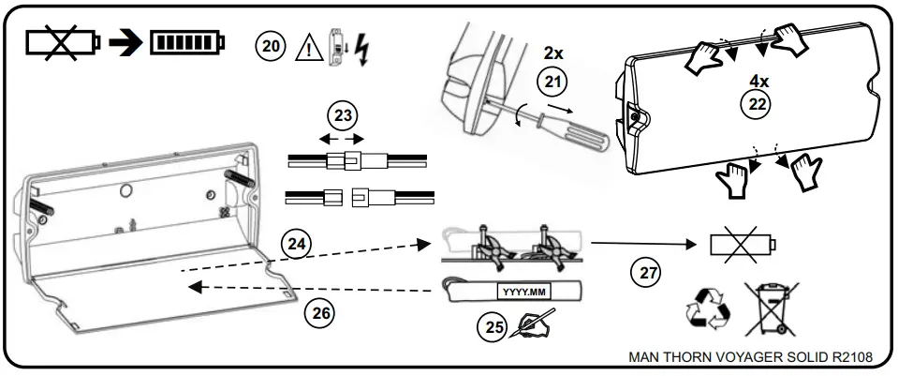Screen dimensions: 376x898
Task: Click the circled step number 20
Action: tap(271, 46)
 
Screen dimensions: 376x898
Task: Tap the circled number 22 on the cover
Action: tap(755, 104)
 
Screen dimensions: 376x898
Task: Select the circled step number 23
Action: tap(343, 116)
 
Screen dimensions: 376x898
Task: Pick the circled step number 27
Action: tap(644, 273)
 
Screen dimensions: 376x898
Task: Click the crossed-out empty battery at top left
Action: tap(61, 43)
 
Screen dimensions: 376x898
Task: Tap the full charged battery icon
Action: tap(187, 43)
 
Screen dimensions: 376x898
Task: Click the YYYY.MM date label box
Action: tap(516, 291)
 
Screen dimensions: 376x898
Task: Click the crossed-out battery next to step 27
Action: tap(742, 245)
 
